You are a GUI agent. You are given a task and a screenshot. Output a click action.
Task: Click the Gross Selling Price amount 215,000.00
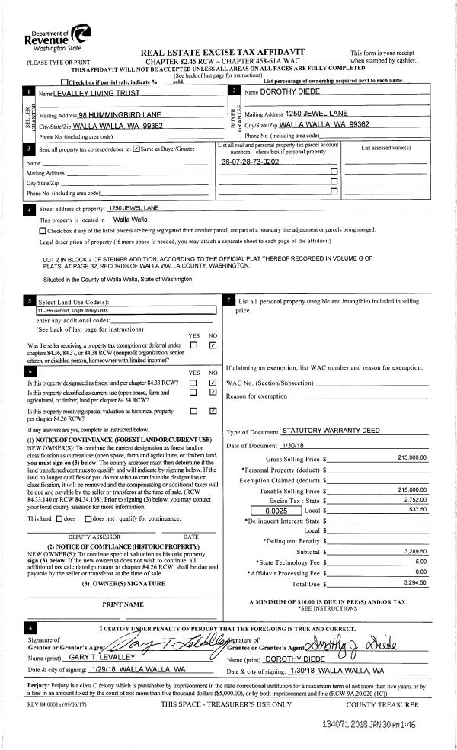click(x=412, y=457)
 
